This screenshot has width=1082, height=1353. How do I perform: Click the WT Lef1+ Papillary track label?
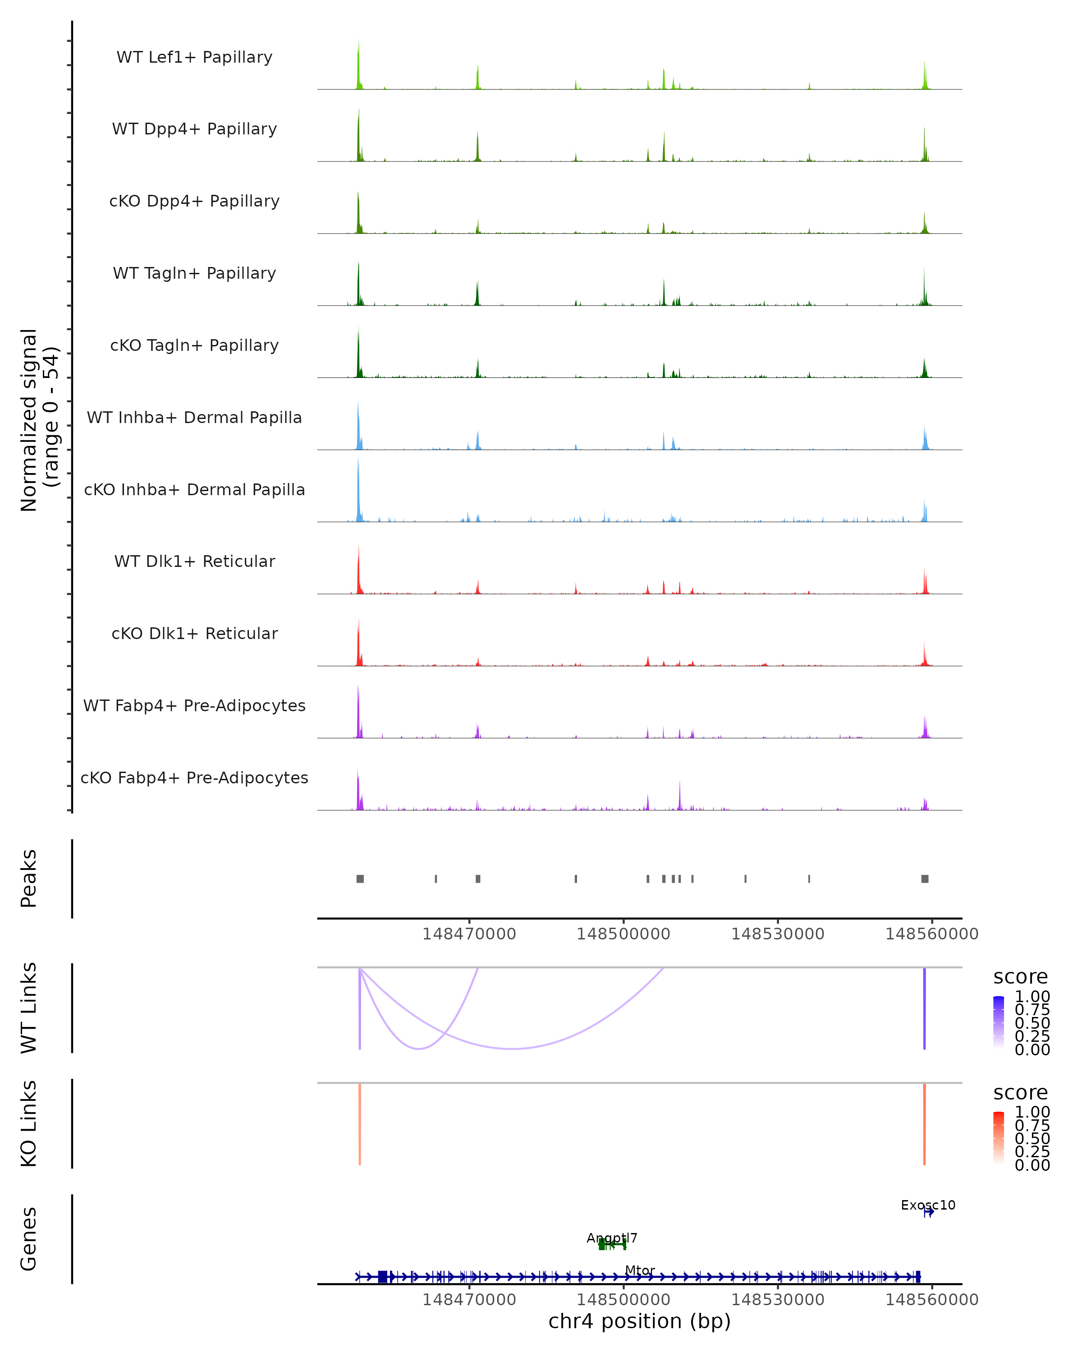coord(194,57)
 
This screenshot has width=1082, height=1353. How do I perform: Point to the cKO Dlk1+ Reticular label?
coord(194,633)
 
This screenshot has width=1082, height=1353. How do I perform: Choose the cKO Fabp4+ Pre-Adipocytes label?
coord(194,778)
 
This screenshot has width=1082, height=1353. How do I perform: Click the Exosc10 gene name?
coord(928,1205)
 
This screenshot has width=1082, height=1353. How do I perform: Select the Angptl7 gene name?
coord(612,1238)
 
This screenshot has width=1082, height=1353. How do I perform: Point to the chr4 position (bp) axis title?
coord(639,1321)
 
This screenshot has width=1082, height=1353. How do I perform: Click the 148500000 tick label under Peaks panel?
coord(624,934)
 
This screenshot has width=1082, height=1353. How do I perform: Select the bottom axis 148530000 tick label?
coord(778,1300)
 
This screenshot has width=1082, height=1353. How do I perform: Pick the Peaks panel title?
coord(29,879)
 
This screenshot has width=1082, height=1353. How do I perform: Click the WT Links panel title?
coord(29,1008)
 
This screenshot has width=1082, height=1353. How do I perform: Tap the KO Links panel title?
coord(29,1124)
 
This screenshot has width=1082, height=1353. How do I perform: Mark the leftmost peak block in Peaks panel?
coord(360,879)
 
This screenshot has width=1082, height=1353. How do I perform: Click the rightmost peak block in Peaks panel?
coord(925,879)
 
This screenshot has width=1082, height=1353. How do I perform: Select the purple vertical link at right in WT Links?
coord(924,1008)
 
